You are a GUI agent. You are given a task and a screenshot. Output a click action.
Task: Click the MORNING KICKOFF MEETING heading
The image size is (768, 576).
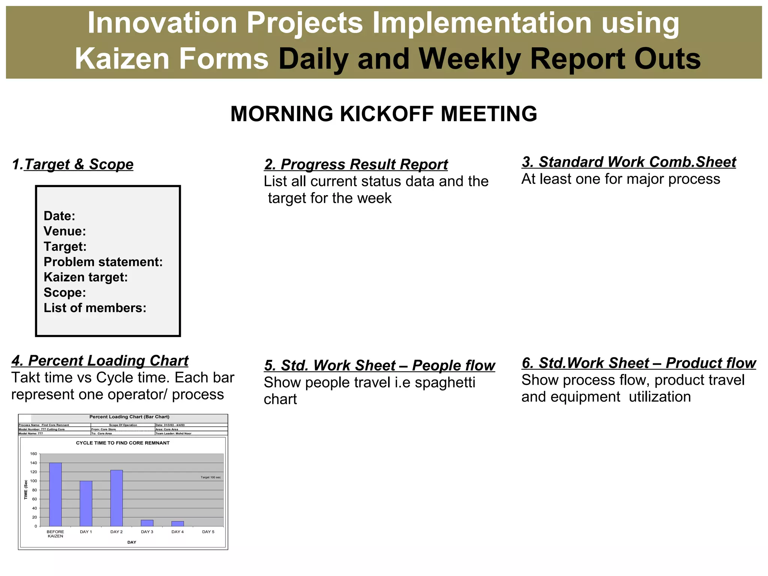coord(384,114)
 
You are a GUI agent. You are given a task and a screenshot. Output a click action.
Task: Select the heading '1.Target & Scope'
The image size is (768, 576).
coord(73,164)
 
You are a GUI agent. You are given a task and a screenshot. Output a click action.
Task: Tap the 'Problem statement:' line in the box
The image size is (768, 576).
coord(103,262)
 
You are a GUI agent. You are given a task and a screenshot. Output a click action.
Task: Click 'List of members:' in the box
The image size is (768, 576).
coord(95,308)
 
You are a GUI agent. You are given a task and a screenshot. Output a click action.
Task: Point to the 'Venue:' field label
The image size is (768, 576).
coord(64,231)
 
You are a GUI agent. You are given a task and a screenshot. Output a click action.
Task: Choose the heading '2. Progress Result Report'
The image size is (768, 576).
coord(356,165)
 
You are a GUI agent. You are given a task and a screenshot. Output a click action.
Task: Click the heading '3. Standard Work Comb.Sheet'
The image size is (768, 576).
coord(628,162)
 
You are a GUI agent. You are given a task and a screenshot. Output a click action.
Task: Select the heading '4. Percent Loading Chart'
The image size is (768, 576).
coord(100,361)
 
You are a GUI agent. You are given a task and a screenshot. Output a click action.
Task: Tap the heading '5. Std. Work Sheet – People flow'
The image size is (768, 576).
coord(379,366)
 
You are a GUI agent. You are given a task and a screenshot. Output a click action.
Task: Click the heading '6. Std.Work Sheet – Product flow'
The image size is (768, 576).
coord(639,363)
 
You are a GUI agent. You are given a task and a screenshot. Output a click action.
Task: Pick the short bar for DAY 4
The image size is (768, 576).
coord(178,523)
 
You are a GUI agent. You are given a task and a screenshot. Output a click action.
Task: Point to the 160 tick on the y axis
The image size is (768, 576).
coord(34,454)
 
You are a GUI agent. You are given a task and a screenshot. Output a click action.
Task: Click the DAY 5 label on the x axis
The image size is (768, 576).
coord(208,532)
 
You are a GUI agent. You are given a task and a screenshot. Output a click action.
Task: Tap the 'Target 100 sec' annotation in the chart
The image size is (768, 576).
coord(210,477)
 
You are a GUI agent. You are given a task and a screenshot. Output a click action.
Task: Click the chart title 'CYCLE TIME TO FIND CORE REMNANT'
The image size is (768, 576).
coord(123,443)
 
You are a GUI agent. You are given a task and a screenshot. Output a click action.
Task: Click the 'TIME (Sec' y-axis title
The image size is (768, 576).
coord(26,489)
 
